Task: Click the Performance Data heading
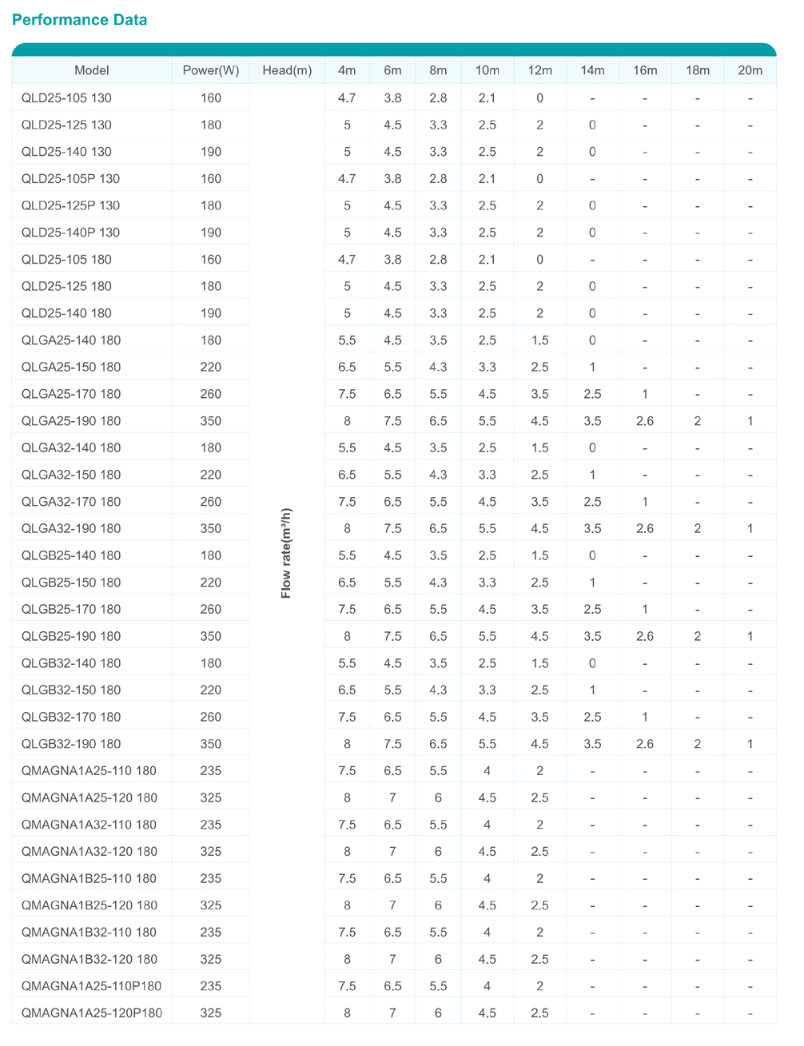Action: (x=80, y=20)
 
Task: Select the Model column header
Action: (x=92, y=70)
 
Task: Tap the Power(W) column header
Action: (x=211, y=70)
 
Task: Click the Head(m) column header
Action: (x=287, y=70)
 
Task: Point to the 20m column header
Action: (x=750, y=70)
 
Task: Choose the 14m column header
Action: (x=592, y=70)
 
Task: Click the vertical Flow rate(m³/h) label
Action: (x=287, y=553)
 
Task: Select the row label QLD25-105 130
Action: (x=66, y=98)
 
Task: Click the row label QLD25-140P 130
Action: (x=70, y=233)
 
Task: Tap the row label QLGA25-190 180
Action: (x=71, y=421)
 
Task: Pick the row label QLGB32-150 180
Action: (x=71, y=690)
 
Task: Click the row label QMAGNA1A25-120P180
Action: (x=91, y=1013)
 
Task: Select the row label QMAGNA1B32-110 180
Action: (x=89, y=933)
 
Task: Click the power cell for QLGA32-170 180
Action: (x=211, y=502)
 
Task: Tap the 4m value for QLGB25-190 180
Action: (x=347, y=636)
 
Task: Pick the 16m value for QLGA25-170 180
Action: (x=645, y=394)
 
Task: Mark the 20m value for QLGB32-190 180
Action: (x=750, y=744)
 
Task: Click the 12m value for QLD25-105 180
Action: (x=539, y=260)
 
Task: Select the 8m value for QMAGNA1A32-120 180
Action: (x=438, y=852)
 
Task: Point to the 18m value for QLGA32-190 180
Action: (x=698, y=528)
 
